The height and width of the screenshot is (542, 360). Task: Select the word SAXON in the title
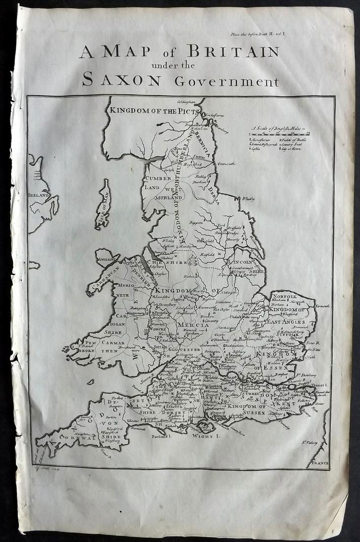coord(121,79)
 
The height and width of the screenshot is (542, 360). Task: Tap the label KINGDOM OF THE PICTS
coord(154,110)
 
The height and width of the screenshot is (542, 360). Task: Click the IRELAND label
coord(38,195)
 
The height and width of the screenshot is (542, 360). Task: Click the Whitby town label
coord(248,199)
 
